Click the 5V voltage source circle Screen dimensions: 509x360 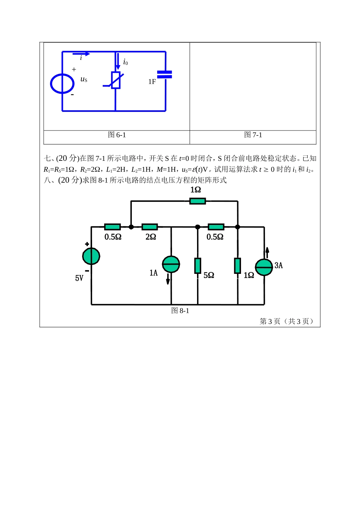(91, 256)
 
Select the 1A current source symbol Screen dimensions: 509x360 (171, 264)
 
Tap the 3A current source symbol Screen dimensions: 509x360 (264, 267)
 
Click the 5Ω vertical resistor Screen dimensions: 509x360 (197, 265)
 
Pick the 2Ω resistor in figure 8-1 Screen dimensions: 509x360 (150, 227)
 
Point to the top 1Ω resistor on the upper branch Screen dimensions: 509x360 (197, 201)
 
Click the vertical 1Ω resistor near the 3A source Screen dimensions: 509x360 (238, 265)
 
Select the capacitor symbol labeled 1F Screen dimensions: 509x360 (165, 74)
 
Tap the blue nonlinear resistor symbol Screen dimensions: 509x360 (116, 80)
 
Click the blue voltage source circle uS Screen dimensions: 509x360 (62, 83)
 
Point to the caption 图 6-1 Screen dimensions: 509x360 (117, 135)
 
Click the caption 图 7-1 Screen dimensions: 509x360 (253, 135)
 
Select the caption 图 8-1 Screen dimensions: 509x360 (180, 311)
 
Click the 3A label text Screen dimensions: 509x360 (279, 265)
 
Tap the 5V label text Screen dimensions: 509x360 (79, 278)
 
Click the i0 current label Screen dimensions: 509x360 (125, 62)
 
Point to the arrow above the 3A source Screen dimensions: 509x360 (267, 252)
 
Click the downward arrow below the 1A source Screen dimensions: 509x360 (168, 279)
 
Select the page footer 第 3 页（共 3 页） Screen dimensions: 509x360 (287, 322)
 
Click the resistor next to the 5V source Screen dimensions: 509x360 (112, 227)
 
